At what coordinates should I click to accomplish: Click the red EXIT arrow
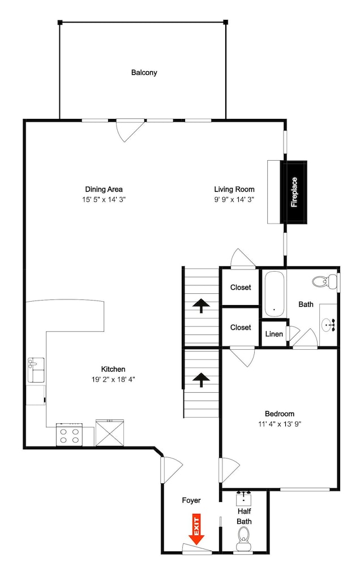coord(197,529)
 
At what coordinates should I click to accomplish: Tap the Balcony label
coord(144,72)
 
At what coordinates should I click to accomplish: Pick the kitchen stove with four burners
coord(70,435)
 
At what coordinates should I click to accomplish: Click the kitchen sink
coord(36,370)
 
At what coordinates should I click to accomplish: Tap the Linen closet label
coord(274,334)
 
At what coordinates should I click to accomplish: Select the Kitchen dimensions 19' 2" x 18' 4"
coord(113,379)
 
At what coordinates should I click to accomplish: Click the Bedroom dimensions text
coord(280,424)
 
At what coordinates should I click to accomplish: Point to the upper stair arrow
coord(201,306)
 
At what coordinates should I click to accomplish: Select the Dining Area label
coord(104,189)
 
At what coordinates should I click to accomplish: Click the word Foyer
coord(191,500)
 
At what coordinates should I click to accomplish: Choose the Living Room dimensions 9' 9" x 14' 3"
coord(234,199)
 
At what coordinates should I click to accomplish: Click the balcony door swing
coord(130,130)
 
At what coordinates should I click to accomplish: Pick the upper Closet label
coord(241,288)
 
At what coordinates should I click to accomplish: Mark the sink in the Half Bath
coord(244,498)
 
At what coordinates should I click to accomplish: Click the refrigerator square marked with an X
coord(110,433)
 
